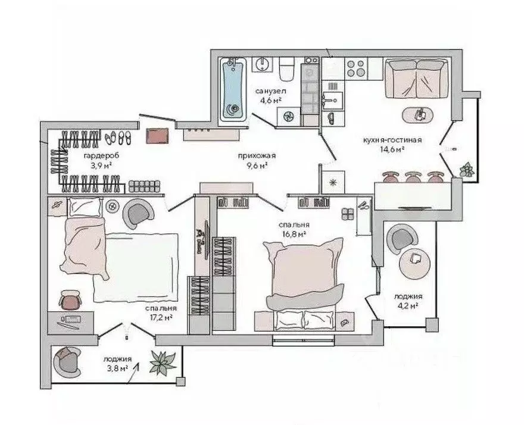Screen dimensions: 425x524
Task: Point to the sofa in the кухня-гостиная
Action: pyautogui.click(x=414, y=77)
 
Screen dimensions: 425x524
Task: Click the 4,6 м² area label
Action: pyautogui.click(x=272, y=101)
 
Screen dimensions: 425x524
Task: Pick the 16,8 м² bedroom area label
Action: pyautogui.click(x=294, y=234)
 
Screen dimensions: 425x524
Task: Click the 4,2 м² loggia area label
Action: pyautogui.click(x=407, y=306)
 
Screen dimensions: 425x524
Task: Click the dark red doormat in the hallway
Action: pyautogui.click(x=158, y=135)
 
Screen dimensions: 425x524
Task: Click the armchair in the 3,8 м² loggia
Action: pyautogui.click(x=67, y=360)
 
